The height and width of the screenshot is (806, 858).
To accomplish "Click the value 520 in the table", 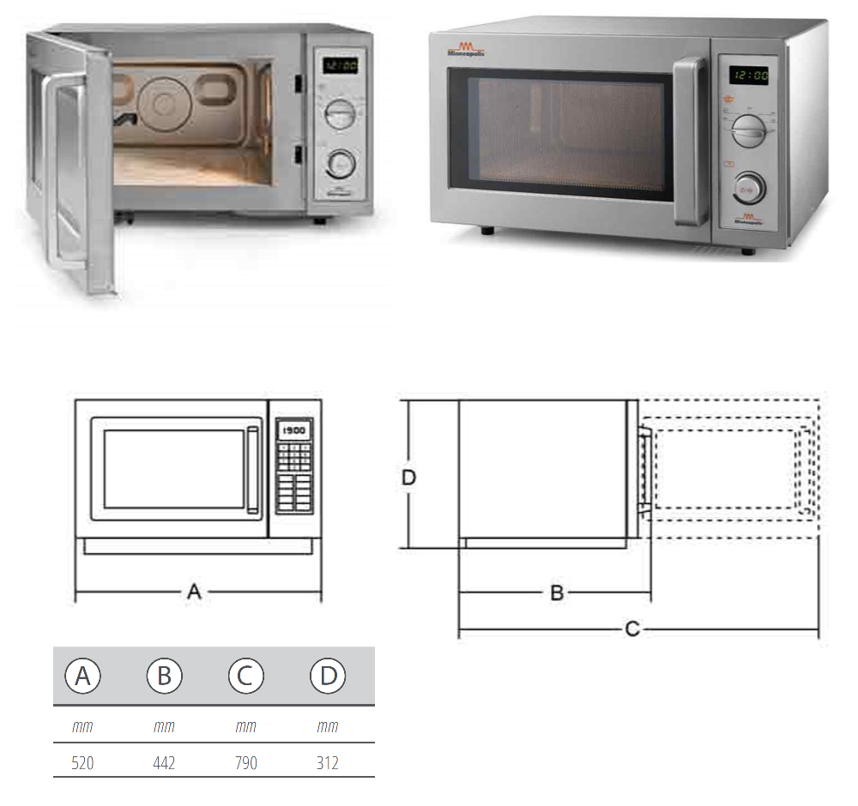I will point(82,762).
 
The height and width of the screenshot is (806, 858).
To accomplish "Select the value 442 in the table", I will point(164,762).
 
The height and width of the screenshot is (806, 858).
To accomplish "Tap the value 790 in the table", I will point(246,762).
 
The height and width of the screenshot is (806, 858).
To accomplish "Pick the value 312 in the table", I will point(327,762).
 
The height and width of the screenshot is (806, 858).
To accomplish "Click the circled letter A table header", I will point(82,677).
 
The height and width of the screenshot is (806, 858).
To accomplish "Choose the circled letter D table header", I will point(328,677).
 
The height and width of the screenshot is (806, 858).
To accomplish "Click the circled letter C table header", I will point(246,677).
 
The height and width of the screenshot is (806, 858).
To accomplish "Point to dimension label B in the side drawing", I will point(556,592).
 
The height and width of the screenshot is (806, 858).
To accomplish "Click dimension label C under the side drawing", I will point(631,630).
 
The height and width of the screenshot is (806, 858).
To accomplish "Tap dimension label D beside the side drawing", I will point(409,478).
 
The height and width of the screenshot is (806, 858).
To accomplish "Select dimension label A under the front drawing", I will point(195,592).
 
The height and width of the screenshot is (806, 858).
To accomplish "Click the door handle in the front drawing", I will point(252,470).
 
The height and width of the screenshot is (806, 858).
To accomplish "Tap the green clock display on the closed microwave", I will point(748,75).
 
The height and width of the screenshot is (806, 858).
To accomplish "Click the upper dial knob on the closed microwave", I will point(749,131).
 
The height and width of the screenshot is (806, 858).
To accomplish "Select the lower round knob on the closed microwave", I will point(749,185).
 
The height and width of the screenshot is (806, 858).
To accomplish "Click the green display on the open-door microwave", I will point(341,66).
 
